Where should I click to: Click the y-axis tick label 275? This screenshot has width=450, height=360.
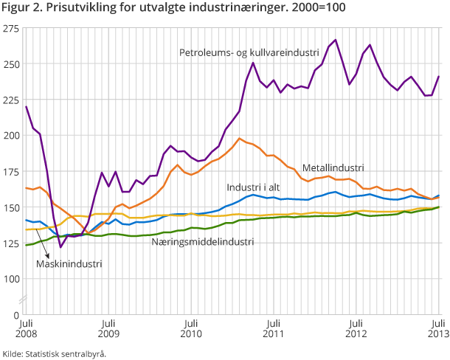coord(11,28)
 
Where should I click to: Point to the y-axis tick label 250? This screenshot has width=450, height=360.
coord(11,63)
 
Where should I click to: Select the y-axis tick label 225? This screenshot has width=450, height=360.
coord(11,100)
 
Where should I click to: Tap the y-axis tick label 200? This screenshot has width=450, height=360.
coord(11,135)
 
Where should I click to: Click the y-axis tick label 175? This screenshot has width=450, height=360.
coord(11,171)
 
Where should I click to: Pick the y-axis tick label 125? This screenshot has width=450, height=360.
coord(11,243)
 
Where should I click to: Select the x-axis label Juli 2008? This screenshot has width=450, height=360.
coord(26,328)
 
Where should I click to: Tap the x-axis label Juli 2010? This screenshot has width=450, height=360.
coord(191,328)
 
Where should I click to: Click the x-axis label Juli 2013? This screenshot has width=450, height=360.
coord(437,328)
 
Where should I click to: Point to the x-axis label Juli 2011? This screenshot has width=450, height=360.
coord(274,328)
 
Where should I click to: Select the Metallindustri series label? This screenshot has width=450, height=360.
coord(333,167)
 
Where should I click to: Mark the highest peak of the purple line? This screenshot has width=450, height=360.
coord(336,40)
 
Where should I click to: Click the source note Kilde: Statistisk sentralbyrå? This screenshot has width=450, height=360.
coord(55,353)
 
